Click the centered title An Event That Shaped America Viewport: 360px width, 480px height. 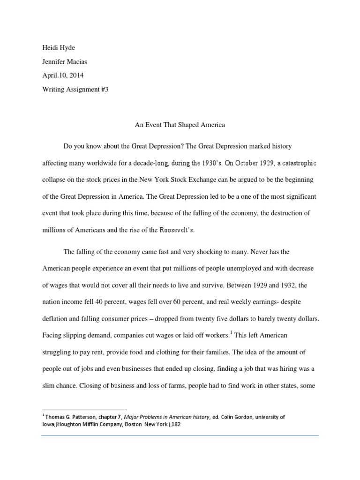tap(179, 125)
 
